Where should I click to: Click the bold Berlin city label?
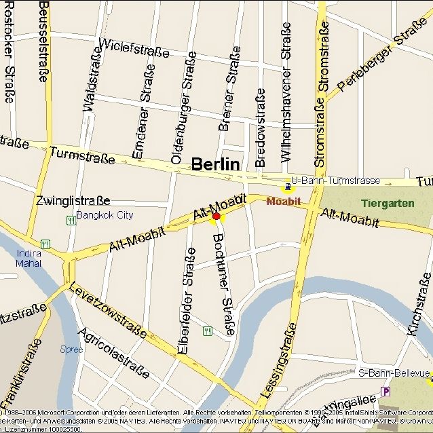point(215,164)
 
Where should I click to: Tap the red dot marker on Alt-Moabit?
point(216,216)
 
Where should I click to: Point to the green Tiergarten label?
point(385,203)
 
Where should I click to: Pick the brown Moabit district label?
point(283,202)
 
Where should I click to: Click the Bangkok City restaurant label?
point(105,215)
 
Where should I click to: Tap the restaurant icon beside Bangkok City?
point(71,220)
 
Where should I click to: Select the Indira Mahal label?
point(29,258)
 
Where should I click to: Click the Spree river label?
point(72,350)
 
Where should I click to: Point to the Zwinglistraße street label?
point(73,201)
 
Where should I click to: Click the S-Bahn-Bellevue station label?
point(394,373)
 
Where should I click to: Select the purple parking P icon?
point(386,391)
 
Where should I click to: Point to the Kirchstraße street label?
point(419,303)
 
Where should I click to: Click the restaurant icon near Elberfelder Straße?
point(207,331)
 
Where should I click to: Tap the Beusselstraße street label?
point(43,41)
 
